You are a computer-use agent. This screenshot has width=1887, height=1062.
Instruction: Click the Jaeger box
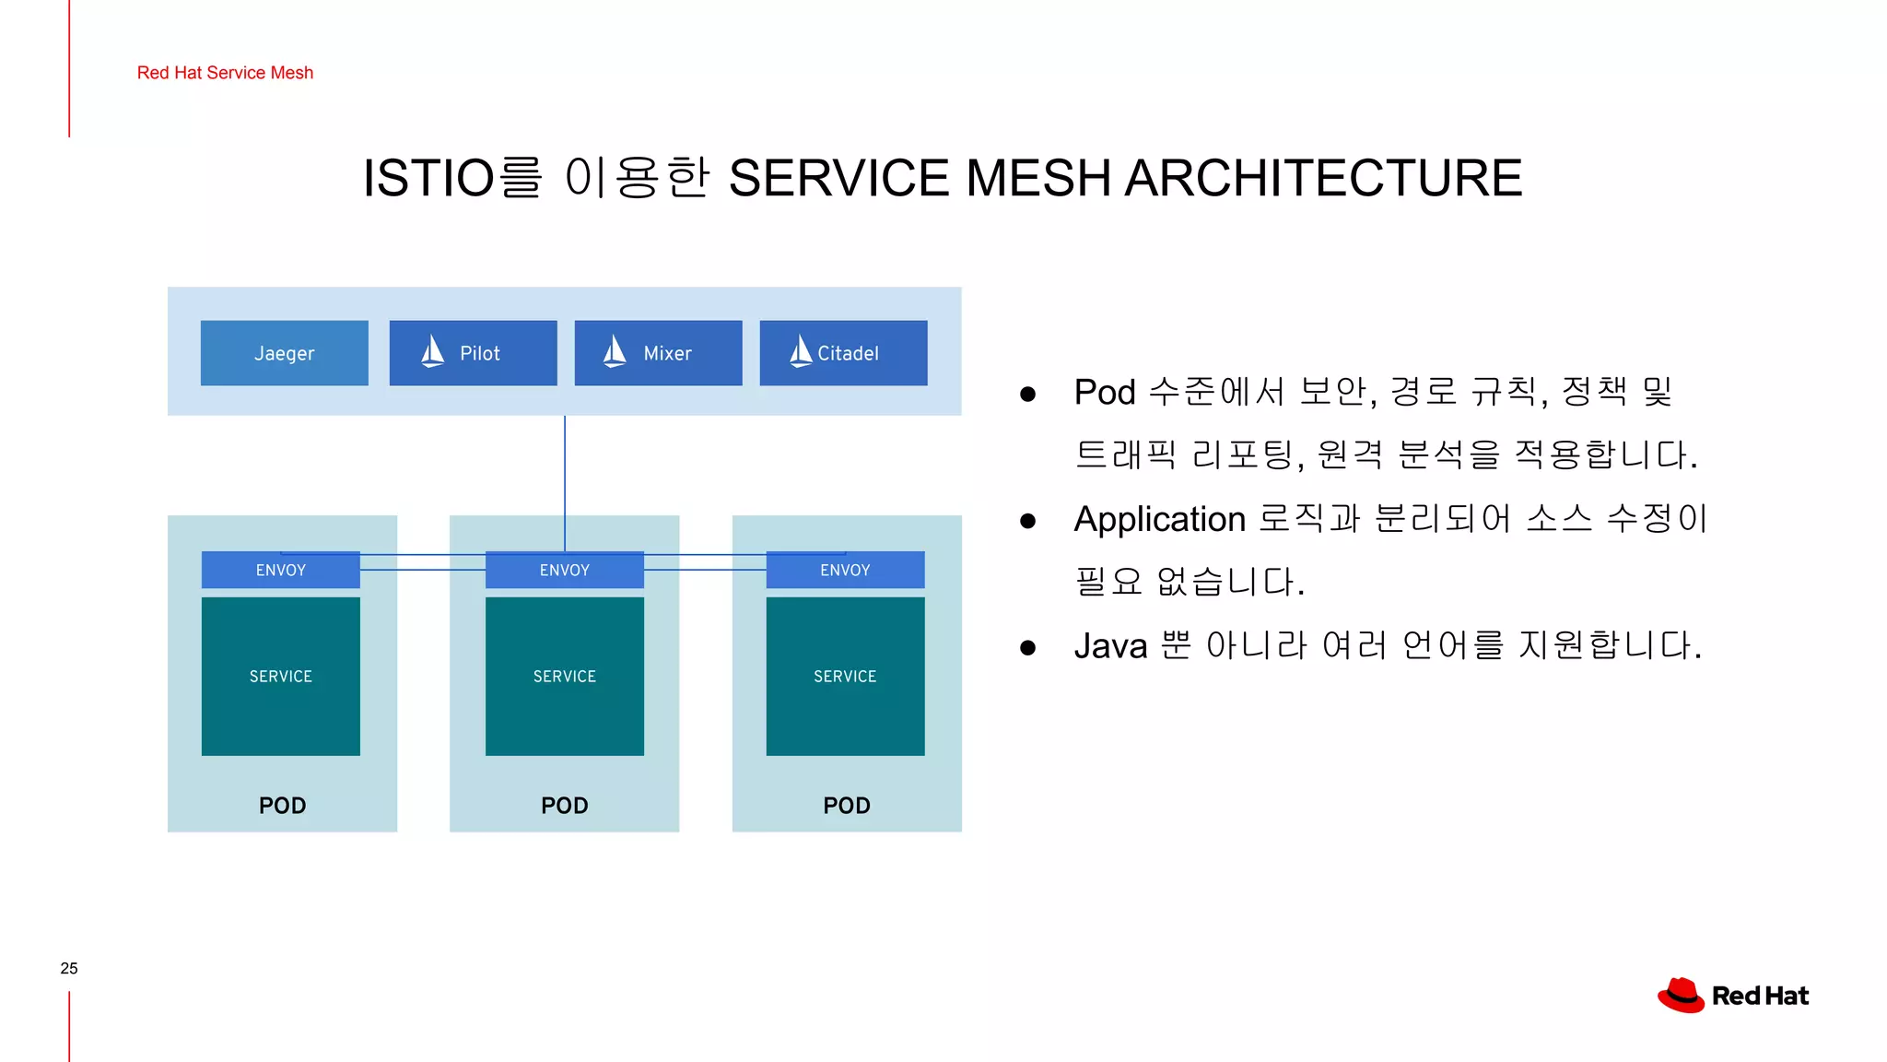(x=284, y=353)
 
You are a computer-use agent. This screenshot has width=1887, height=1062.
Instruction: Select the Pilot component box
(x=473, y=353)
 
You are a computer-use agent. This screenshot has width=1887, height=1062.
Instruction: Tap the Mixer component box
(x=658, y=353)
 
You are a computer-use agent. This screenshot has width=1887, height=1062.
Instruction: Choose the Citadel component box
(x=843, y=353)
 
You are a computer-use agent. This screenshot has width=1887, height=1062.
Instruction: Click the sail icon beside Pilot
(x=432, y=351)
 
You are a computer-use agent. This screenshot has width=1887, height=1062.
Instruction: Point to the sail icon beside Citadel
(x=801, y=351)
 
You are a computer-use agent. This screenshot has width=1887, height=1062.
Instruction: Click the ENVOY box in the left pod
(x=280, y=571)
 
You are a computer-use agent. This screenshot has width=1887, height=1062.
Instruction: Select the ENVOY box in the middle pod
(x=564, y=571)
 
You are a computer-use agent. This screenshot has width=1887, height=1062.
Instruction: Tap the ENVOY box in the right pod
(x=845, y=571)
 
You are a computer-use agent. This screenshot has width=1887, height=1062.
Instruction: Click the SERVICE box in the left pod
(x=280, y=677)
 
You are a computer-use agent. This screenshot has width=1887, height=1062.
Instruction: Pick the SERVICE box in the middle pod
(x=564, y=677)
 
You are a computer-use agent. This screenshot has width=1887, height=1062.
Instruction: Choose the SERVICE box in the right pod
(x=845, y=677)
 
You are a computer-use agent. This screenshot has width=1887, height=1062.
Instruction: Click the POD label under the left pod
(x=282, y=806)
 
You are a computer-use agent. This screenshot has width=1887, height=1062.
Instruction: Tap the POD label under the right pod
(x=846, y=806)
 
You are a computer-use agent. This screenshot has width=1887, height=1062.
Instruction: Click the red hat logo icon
(x=1681, y=996)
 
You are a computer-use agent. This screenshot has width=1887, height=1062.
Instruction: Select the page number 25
(x=69, y=968)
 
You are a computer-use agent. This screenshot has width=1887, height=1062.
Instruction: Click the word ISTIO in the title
(x=428, y=178)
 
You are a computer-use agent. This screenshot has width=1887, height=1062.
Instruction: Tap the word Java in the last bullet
(x=1110, y=646)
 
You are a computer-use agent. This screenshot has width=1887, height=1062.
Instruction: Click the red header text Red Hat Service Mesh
(x=225, y=73)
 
